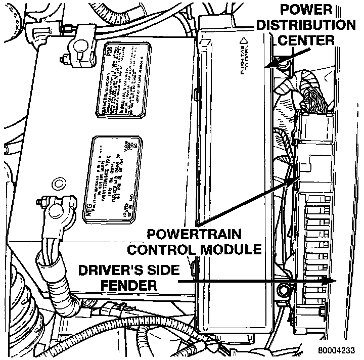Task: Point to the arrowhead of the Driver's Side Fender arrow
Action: point(331,281)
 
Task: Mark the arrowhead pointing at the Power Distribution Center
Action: point(270,65)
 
